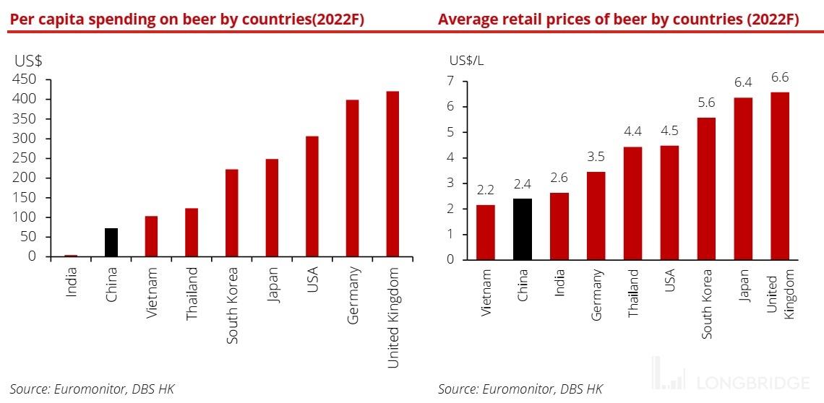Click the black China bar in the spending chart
(x=111, y=242)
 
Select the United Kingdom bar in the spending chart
(x=392, y=173)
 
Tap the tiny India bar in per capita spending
(x=71, y=255)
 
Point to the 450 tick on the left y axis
(x=27, y=79)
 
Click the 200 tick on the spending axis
(x=27, y=178)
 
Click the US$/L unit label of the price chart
(x=466, y=60)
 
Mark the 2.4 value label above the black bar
(x=523, y=184)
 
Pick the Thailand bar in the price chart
(x=633, y=203)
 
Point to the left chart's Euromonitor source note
(x=92, y=389)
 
